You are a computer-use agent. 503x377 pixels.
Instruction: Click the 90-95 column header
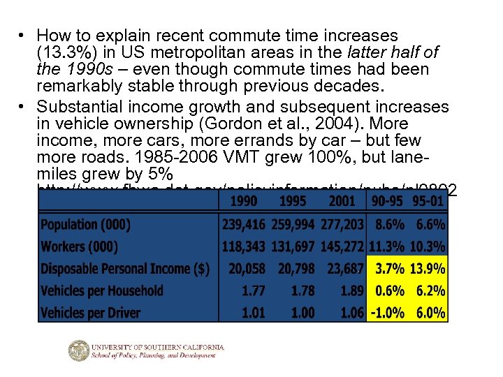tap(388, 202)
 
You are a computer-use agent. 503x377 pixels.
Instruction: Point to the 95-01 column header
tap(428, 202)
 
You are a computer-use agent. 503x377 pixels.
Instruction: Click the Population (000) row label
tap(85, 224)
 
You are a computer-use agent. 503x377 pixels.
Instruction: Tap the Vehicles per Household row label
tap(102, 291)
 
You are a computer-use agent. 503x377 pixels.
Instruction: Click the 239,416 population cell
tap(243, 224)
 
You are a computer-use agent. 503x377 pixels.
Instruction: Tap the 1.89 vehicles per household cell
tap(349, 291)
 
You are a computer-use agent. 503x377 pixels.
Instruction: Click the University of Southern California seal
tap(80, 350)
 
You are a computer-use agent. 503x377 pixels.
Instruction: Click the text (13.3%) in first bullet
tap(64, 52)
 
